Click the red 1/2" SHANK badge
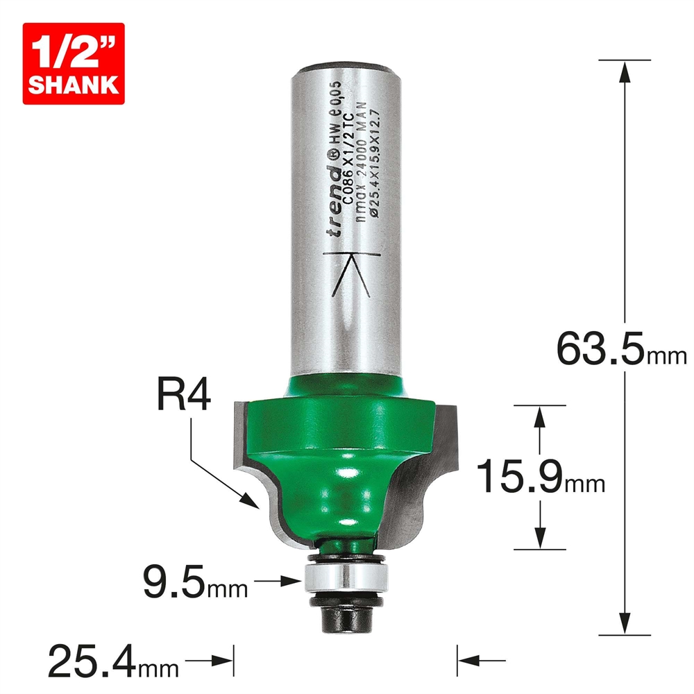[x=73, y=63]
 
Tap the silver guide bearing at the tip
[x=344, y=575]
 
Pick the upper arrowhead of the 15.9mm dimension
[x=539, y=416]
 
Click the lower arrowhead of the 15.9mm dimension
[x=539, y=539]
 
